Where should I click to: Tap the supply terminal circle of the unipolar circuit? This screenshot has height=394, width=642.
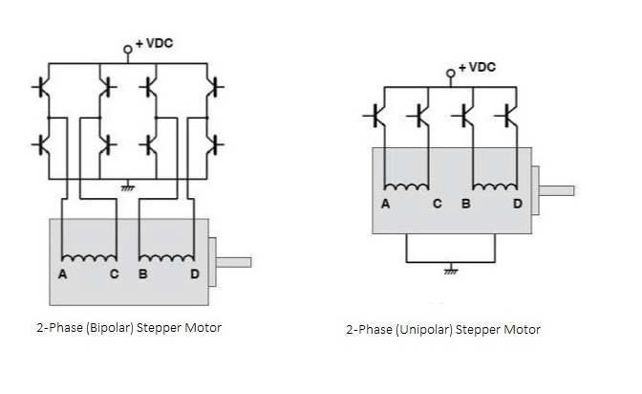coord(452,73)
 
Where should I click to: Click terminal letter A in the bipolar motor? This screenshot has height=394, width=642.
coord(62,275)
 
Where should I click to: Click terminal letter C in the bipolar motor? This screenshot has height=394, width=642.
coord(116,275)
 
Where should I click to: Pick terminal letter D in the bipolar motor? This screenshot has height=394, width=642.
coord(196,275)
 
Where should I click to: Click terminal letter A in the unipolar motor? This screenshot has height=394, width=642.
coord(385,203)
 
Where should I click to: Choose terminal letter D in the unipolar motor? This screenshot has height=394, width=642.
coord(518,203)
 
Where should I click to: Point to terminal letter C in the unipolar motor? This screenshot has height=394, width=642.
coord(437,203)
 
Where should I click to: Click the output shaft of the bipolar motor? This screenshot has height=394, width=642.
coord(234,261)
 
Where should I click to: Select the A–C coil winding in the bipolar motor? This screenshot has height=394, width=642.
coord(89,256)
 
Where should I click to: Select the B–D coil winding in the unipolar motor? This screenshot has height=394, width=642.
coord(491,186)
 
